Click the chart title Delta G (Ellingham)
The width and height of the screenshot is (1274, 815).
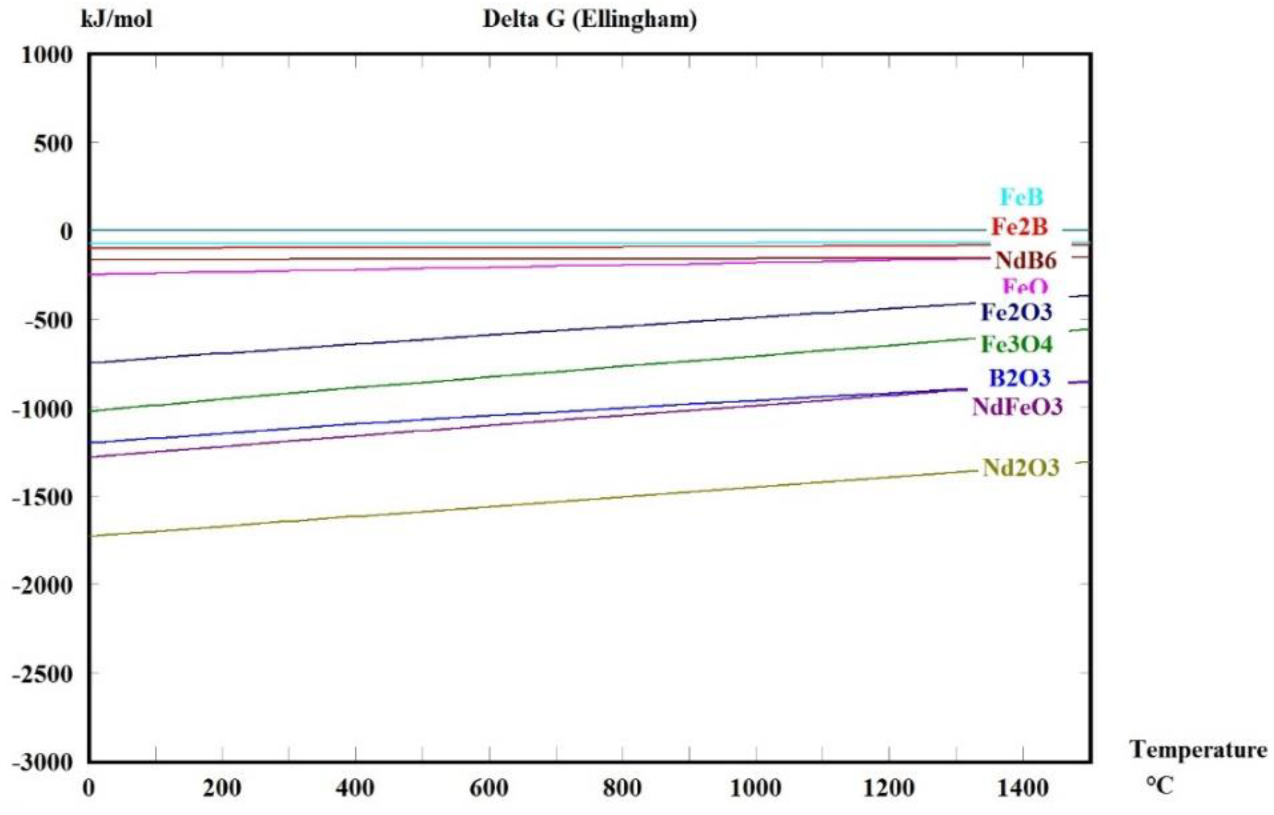590,20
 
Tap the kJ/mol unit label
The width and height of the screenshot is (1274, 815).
116,20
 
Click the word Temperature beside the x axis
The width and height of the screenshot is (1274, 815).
1198,750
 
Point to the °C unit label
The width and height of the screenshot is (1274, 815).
1160,786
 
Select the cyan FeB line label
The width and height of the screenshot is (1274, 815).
1021,197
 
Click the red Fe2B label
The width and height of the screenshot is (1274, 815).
1019,227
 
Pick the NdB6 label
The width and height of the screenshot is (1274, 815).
1026,260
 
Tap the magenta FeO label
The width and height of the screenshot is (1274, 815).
1025,286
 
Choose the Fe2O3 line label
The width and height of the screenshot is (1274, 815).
1016,312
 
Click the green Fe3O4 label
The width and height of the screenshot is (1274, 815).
1017,344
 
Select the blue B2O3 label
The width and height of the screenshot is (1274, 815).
1020,378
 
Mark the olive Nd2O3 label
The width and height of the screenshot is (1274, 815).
1021,468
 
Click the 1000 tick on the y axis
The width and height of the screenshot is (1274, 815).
47,55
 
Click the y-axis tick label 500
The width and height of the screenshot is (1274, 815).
53,143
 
